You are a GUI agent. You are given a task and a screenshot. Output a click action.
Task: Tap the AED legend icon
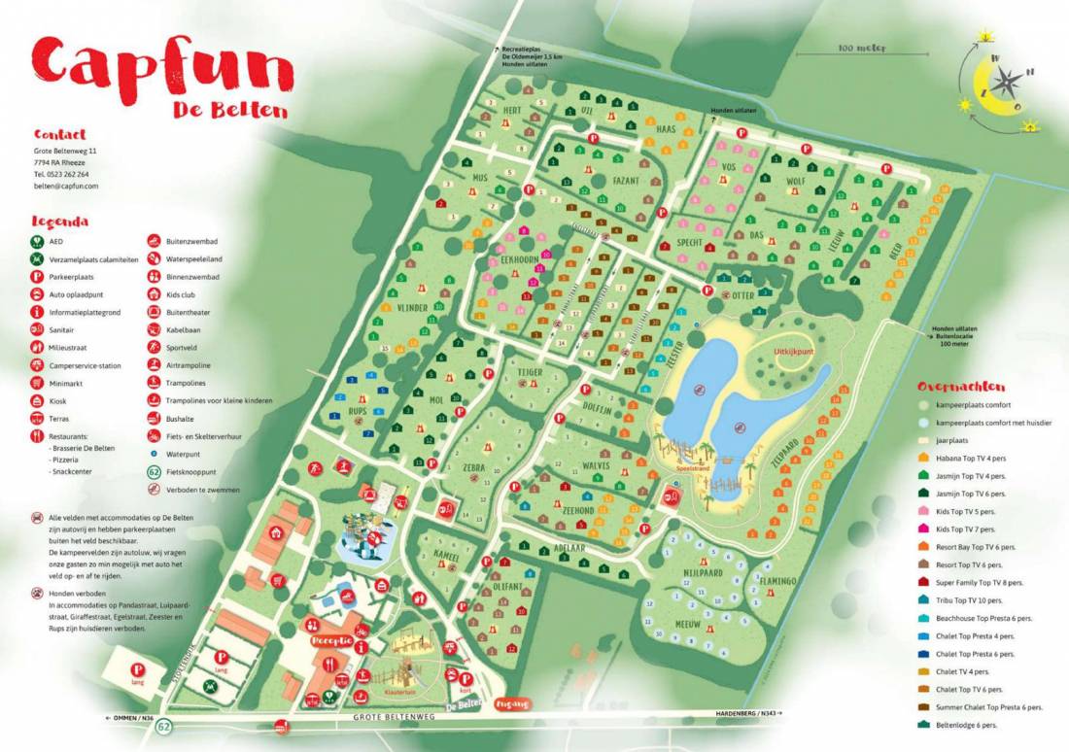tap(37, 241)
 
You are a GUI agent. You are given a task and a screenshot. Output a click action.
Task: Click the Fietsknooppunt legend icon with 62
tap(155, 471)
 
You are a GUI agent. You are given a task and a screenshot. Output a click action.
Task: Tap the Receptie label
tap(329, 641)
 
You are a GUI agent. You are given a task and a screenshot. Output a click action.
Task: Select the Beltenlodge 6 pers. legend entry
tap(983, 725)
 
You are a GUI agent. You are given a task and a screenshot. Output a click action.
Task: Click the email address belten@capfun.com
tap(66, 186)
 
